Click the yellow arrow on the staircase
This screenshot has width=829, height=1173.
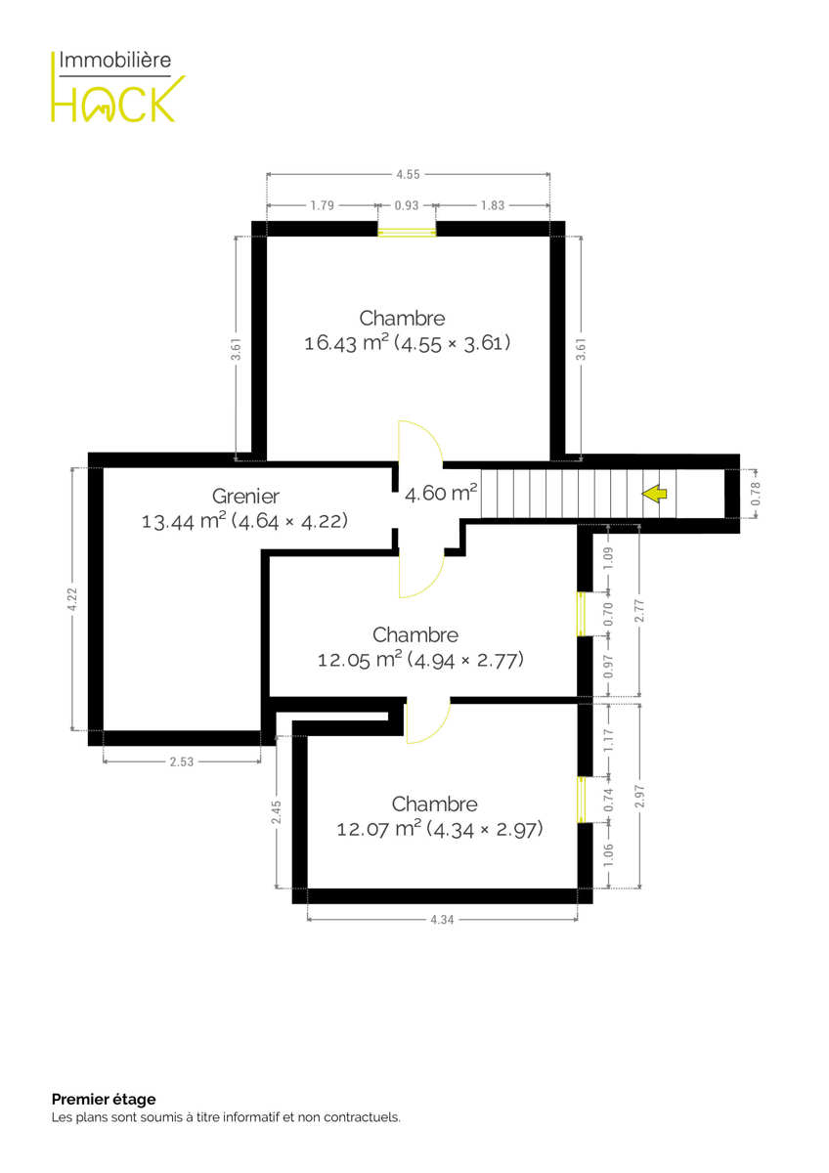[x=655, y=494]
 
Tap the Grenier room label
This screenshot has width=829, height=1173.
[x=245, y=497]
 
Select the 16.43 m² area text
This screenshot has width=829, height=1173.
[x=347, y=343]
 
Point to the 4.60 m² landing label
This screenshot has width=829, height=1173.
[x=441, y=494]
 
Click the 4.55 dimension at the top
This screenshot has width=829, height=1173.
[x=408, y=174]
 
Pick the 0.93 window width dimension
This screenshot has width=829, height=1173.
[x=407, y=206]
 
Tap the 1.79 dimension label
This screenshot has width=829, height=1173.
[x=322, y=206]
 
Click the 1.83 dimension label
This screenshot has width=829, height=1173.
[x=493, y=206]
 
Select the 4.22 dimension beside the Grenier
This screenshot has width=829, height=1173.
[x=72, y=599]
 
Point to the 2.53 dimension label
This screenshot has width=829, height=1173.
[x=182, y=761]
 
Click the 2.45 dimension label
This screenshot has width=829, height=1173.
[x=277, y=812]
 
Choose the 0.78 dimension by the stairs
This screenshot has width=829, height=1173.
[x=756, y=494]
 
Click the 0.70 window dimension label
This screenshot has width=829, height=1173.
[x=608, y=614]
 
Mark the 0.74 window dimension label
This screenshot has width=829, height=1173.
[x=608, y=801]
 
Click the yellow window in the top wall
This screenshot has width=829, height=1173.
[x=407, y=230]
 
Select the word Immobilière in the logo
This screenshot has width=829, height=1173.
[x=115, y=61]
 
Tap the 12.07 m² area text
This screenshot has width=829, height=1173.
[x=378, y=830]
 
